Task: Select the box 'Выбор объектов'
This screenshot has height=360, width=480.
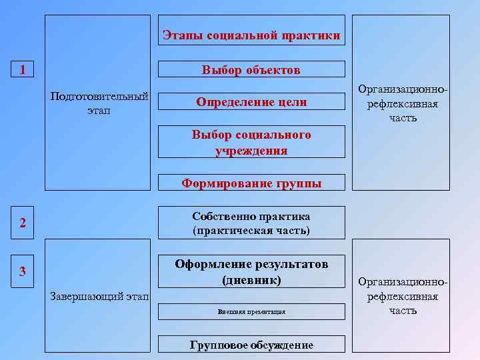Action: point(251,69)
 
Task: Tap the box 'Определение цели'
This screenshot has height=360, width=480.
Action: point(251,102)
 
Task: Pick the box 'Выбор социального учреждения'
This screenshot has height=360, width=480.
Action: point(251,143)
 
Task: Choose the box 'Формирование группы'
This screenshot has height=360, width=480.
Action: point(251,183)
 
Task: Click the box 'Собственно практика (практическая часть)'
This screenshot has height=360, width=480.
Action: point(251,223)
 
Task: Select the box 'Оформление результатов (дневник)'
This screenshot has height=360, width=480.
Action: point(251,272)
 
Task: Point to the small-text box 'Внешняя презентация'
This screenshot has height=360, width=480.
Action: point(251,312)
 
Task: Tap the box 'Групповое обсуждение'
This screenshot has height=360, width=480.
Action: point(251,344)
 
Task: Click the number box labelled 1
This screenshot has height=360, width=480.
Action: point(23,69)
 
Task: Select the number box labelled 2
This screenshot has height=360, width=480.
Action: point(23,223)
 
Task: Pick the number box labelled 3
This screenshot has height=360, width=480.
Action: point(23,271)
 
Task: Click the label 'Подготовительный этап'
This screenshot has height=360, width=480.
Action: point(99,103)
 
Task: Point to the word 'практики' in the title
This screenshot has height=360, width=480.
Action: point(311,35)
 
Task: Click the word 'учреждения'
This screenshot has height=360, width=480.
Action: point(251,151)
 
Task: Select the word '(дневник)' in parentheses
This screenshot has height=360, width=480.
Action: point(251,280)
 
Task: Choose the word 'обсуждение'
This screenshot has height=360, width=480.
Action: point(279,345)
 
